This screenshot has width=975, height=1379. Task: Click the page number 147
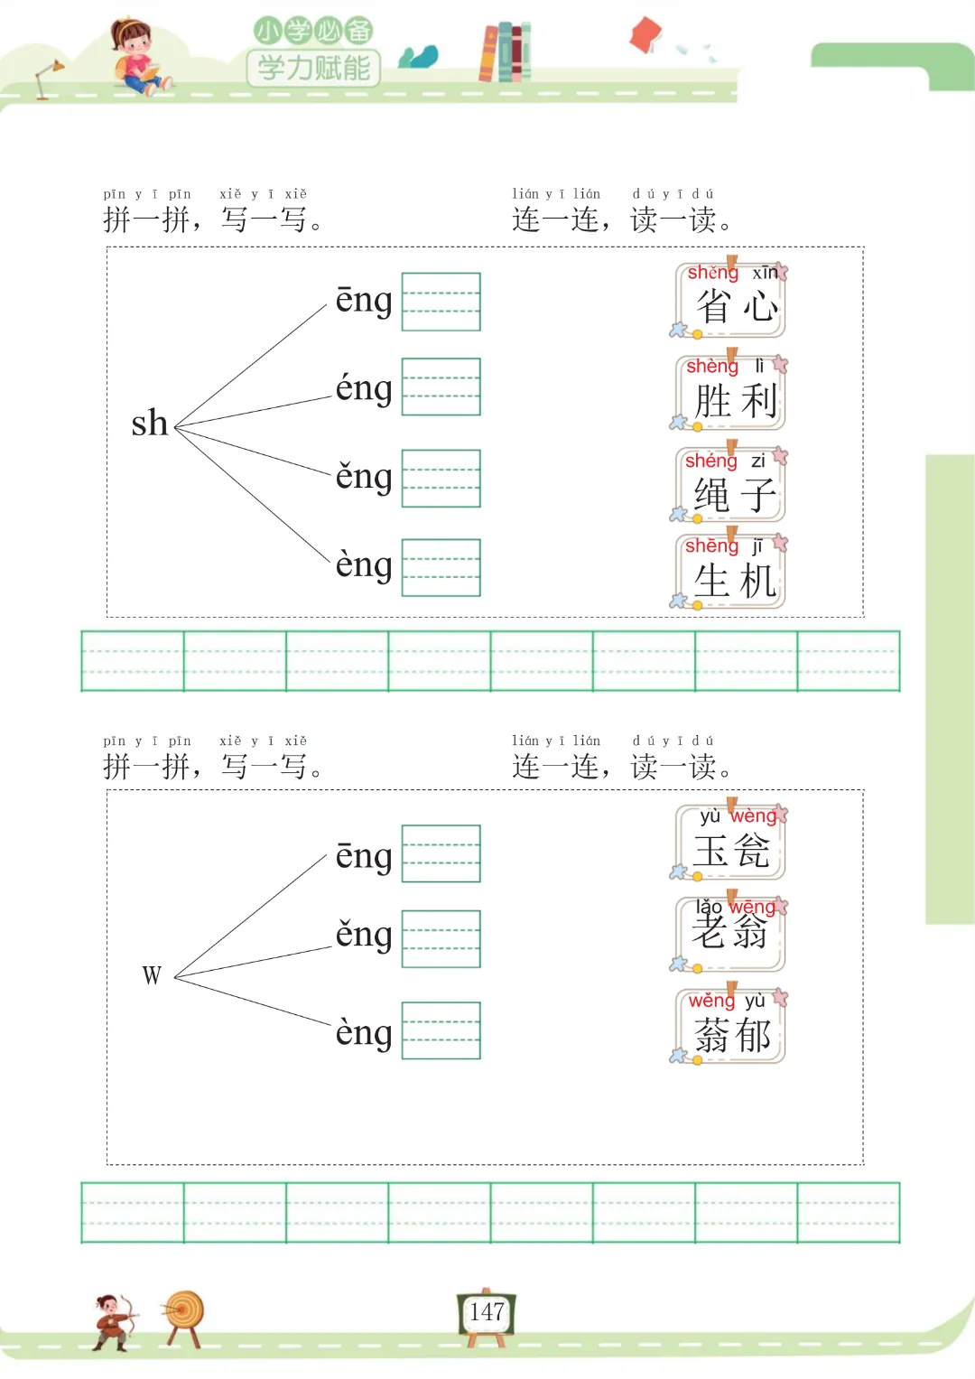tap(487, 1312)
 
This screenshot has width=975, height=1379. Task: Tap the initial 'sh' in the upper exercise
tap(150, 423)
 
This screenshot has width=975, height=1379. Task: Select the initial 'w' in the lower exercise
tap(152, 975)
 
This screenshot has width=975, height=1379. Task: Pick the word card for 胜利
tap(731, 394)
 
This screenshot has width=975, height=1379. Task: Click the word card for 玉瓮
tap(731, 843)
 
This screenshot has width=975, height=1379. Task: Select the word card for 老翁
tap(731, 934)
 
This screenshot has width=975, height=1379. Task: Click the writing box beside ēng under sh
tap(441, 302)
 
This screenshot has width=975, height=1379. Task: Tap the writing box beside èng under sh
tap(441, 567)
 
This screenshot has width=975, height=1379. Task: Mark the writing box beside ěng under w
tap(441, 939)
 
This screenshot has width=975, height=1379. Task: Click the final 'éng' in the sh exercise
tap(364, 389)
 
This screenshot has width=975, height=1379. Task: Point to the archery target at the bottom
tap(184, 1316)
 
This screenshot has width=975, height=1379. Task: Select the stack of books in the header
tap(505, 52)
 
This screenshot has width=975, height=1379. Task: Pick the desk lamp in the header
tap(48, 78)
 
